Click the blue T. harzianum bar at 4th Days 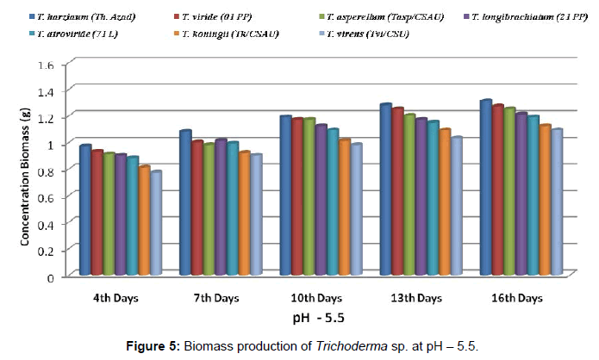pyautogui.click(x=85, y=211)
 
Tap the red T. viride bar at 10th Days pyautogui.click(x=298, y=197)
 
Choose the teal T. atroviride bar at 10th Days pyautogui.click(x=333, y=202)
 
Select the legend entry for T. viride pyautogui.click(x=208, y=16)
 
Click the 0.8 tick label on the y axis pyautogui.click(x=47, y=171)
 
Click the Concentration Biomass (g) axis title pyautogui.click(x=26, y=171)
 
